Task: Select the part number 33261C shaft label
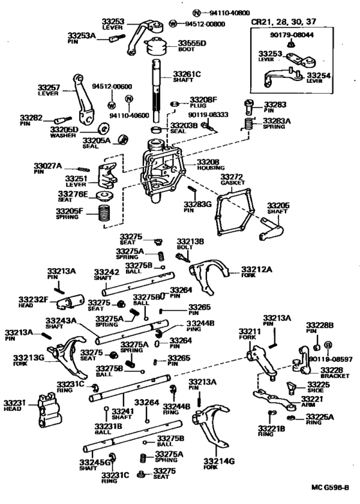pyautogui.click(x=187, y=75)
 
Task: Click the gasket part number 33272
pyautogui.click(x=231, y=176)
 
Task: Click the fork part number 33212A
pyautogui.click(x=257, y=269)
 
